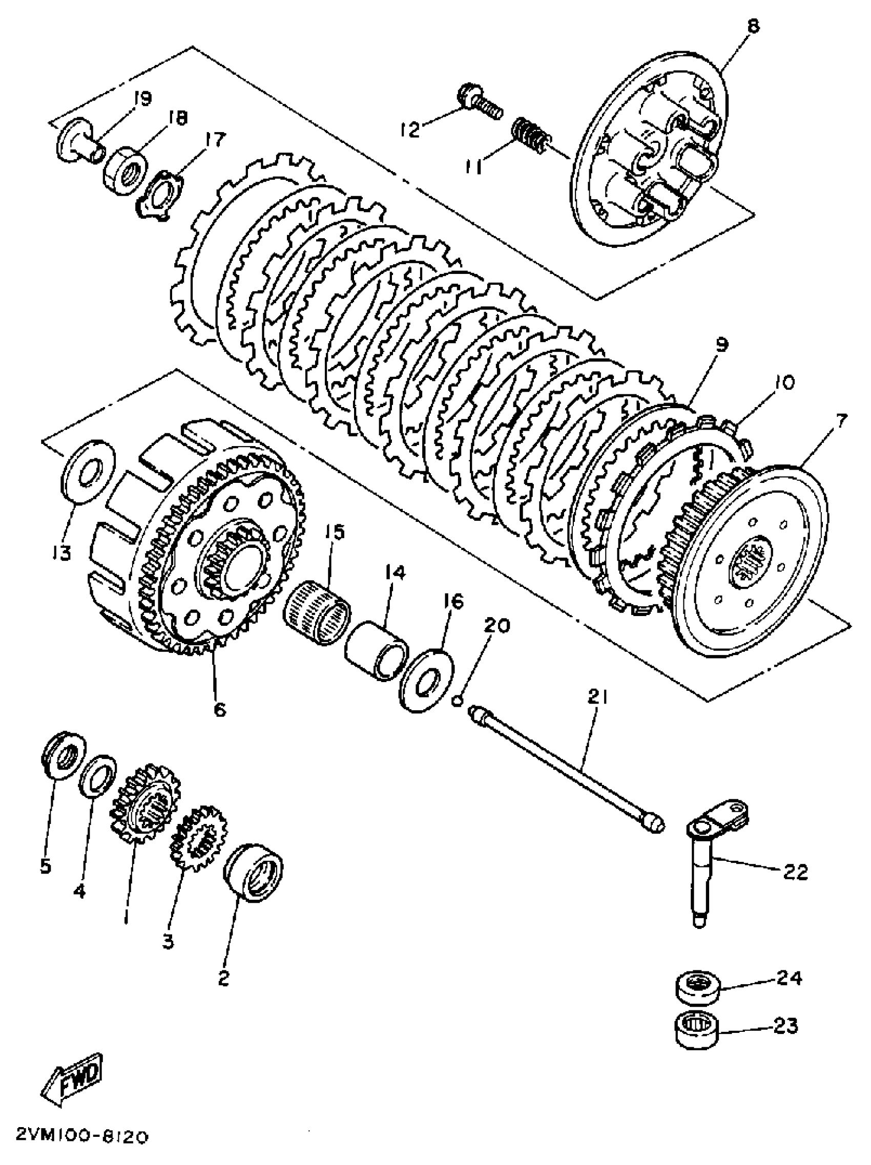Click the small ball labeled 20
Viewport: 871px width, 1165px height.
click(x=458, y=700)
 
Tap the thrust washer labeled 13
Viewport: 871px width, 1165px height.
click(x=89, y=471)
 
